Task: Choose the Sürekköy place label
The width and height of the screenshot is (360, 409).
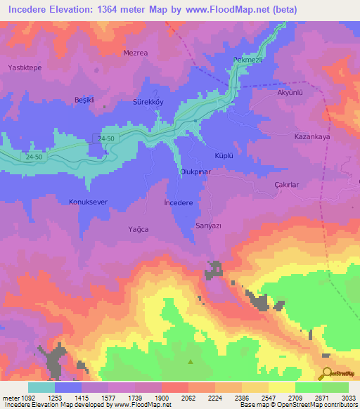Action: (x=148, y=101)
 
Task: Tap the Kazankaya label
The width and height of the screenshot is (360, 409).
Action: (x=312, y=138)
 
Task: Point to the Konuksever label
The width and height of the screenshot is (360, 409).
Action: (x=89, y=202)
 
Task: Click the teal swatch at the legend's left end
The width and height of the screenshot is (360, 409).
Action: (x=41, y=387)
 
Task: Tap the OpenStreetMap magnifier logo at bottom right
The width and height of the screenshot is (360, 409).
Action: (x=327, y=372)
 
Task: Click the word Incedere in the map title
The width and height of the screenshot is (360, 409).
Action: (x=31, y=10)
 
